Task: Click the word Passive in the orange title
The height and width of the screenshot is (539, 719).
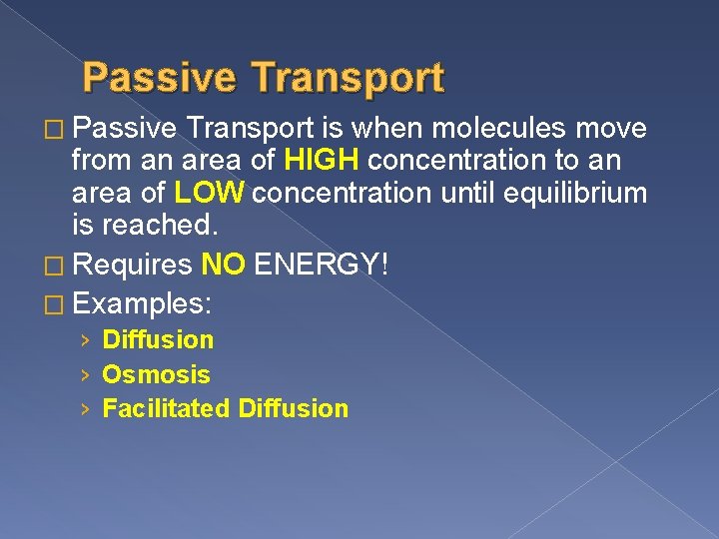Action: [x=159, y=78]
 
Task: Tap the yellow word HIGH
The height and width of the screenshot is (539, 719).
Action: [x=321, y=161]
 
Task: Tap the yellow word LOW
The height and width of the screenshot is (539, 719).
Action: [x=209, y=193]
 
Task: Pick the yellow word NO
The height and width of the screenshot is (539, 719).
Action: [x=224, y=265]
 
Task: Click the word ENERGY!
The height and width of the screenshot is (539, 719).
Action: [x=321, y=265]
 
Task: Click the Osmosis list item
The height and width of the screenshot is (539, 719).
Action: [x=157, y=374]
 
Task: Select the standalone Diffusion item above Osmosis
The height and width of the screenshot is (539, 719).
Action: [x=159, y=339]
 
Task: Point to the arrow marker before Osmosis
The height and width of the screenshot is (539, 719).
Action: [x=87, y=375]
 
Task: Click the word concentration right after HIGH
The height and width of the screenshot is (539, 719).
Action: [x=440, y=161]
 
